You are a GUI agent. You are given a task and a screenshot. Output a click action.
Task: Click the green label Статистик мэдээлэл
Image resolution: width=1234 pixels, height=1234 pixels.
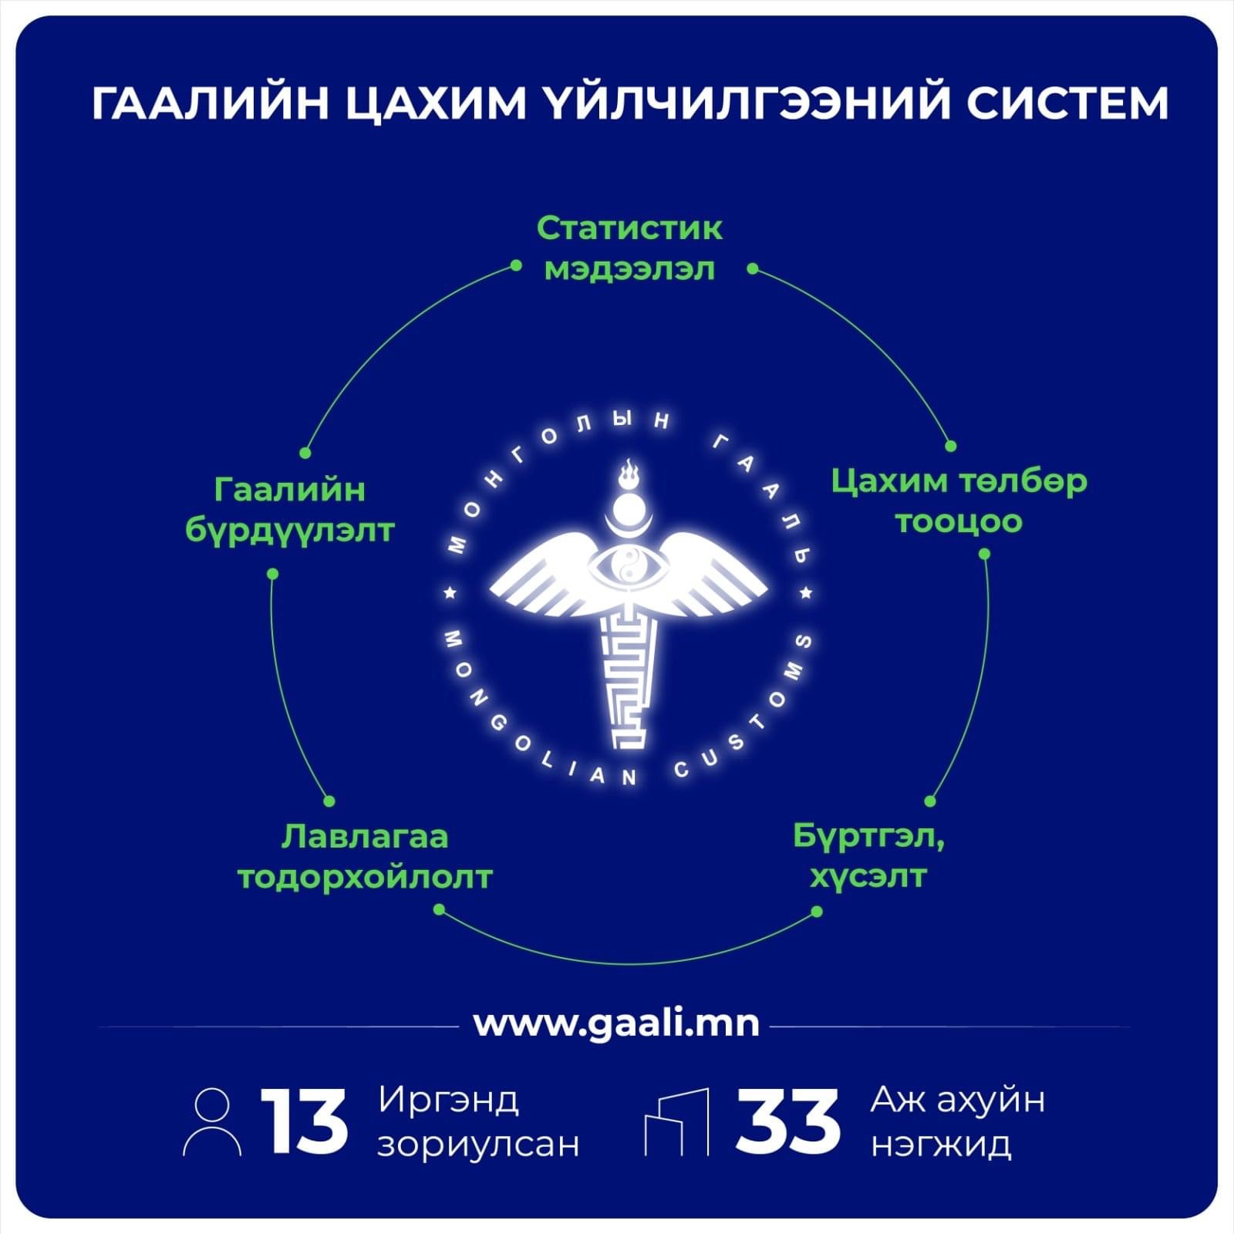click(629, 248)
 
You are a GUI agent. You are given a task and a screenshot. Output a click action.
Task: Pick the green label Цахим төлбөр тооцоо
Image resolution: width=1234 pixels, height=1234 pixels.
click(959, 501)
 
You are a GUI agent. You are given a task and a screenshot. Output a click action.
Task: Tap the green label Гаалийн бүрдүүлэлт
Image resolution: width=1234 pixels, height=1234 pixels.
click(290, 511)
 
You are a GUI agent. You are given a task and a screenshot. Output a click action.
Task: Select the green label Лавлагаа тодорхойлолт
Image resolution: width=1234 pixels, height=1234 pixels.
click(364, 856)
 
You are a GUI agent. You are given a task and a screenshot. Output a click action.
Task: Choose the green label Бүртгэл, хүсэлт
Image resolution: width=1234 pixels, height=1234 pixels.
click(869, 856)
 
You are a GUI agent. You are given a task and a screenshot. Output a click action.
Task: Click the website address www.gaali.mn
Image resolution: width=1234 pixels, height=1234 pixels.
click(616, 1024)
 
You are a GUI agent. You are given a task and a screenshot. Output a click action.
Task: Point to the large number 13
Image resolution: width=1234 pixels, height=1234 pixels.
click(304, 1122)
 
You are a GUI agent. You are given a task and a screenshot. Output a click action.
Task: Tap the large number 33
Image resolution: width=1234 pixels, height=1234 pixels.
click(787, 1122)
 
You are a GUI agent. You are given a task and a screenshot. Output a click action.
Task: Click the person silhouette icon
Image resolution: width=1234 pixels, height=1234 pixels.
click(212, 1122)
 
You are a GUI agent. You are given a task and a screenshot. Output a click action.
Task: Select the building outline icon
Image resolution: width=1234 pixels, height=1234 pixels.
click(676, 1122)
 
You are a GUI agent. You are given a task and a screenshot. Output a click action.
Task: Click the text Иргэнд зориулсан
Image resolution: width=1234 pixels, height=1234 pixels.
click(478, 1122)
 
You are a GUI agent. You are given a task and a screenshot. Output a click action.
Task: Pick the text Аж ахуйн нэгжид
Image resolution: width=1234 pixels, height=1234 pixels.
click(958, 1122)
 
